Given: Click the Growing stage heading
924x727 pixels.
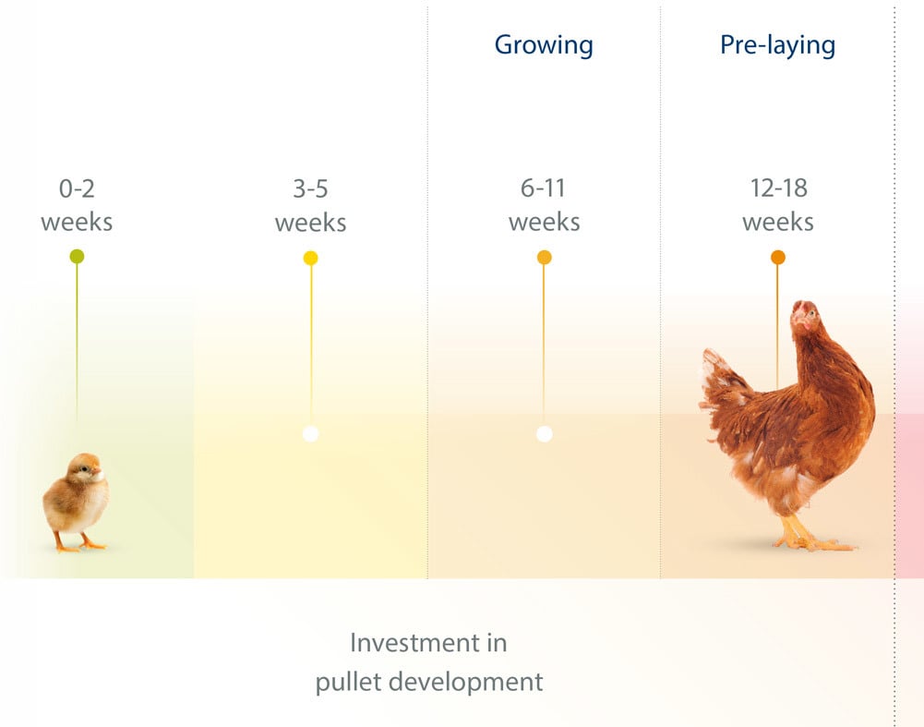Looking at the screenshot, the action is click(544, 45).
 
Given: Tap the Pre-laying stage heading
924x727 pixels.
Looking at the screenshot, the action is click(777, 45).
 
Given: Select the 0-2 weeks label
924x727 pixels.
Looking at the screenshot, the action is click(77, 205).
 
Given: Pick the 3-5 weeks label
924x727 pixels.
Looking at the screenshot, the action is click(310, 205).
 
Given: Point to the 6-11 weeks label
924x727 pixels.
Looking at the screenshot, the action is click(544, 204).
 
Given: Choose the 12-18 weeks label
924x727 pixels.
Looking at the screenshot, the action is click(778, 204).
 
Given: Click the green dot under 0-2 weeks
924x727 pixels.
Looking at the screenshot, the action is click(77, 257).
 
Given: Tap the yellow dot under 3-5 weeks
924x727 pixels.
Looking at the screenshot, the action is click(310, 258).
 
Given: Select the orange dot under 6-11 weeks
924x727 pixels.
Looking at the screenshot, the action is click(545, 258).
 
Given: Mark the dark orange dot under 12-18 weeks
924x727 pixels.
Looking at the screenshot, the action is click(778, 258).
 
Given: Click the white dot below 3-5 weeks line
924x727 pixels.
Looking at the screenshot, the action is click(310, 434).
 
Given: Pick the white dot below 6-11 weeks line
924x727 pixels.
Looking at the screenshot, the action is click(545, 434).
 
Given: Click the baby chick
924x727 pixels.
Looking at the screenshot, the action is click(77, 502).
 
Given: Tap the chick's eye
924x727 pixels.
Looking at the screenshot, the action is click(85, 468).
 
